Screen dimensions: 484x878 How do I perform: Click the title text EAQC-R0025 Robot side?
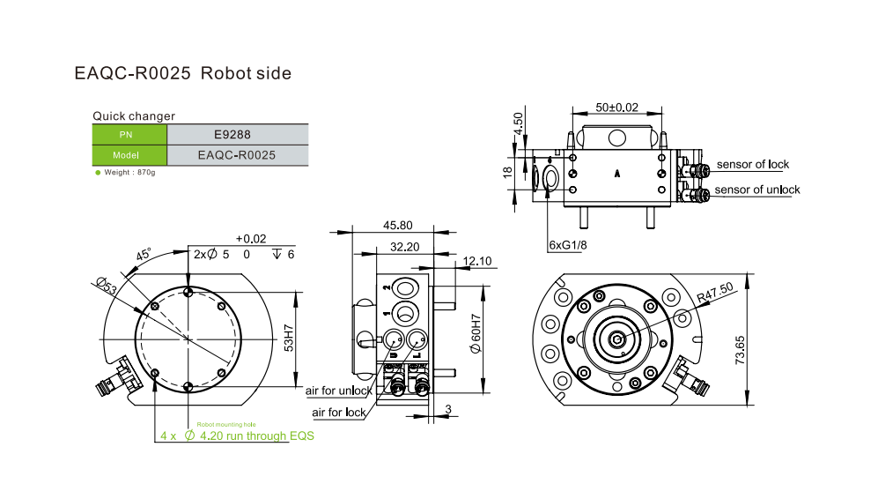click(x=182, y=74)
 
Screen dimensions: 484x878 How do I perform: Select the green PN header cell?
click(x=129, y=135)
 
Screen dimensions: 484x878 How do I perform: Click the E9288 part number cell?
click(x=237, y=135)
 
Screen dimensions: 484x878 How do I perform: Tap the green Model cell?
click(x=129, y=155)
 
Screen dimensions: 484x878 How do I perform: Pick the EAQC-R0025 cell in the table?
click(x=237, y=155)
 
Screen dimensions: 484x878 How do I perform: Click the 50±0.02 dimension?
click(x=616, y=107)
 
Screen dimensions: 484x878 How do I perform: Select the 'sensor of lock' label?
click(x=752, y=164)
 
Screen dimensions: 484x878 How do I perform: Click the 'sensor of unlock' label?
click(x=756, y=190)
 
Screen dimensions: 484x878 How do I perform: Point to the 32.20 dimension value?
click(x=403, y=248)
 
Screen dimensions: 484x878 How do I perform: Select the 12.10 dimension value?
click(x=476, y=261)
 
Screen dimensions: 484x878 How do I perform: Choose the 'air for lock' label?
click(x=339, y=413)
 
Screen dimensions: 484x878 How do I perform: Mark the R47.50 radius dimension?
click(x=714, y=292)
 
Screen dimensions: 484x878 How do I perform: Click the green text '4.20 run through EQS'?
click(x=256, y=436)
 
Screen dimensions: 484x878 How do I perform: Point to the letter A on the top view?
click(x=617, y=175)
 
